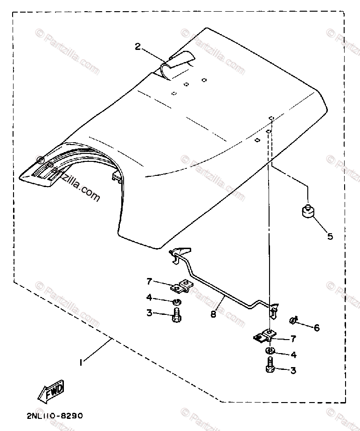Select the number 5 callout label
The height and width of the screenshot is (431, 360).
[x=330, y=236]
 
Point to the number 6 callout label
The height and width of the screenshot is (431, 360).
[x=317, y=328]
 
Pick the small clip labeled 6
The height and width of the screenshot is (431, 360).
[x=293, y=321]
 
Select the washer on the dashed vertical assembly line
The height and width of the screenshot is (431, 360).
[x=270, y=351]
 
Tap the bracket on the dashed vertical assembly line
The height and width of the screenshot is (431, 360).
[x=265, y=335]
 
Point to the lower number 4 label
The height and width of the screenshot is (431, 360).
[x=293, y=355]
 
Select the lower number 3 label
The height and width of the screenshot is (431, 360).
[x=293, y=370]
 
